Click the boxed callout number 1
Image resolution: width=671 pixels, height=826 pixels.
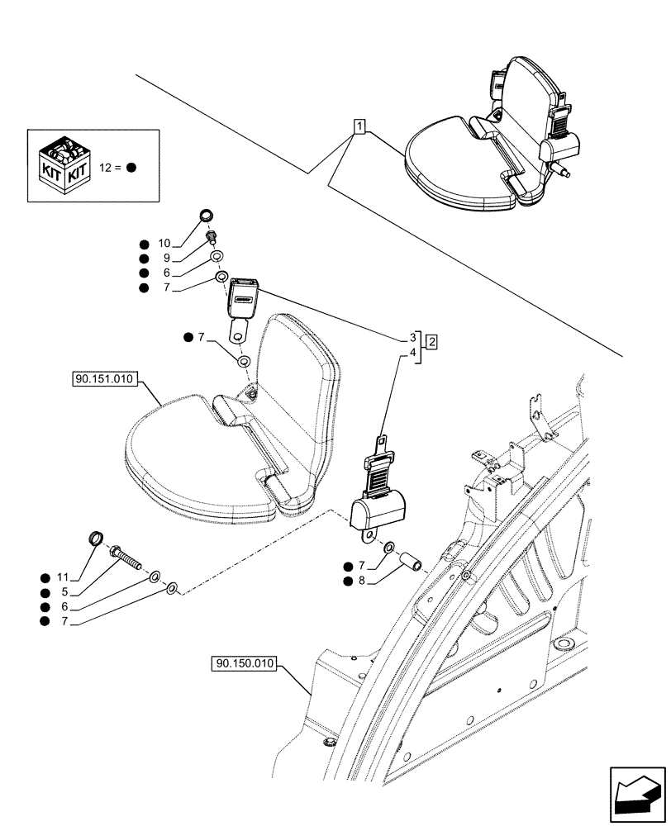[359, 126]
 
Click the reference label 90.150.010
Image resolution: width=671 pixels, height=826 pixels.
[246, 663]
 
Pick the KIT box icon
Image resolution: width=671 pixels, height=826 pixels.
[63, 165]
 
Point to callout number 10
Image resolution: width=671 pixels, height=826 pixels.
[163, 244]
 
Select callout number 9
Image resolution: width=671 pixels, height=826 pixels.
[165, 259]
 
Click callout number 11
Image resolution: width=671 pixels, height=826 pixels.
[61, 578]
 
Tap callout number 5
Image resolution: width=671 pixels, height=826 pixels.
[64, 593]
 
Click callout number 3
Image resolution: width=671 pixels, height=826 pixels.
[412, 337]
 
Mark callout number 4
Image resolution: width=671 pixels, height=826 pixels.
[412, 351]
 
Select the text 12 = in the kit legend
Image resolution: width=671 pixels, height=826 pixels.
[110, 167]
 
